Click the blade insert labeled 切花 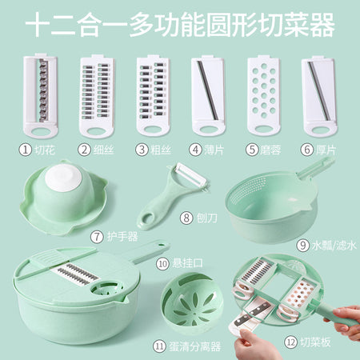(x=40, y=95)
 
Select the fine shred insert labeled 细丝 (x=96, y=95)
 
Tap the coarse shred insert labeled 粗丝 (x=153, y=95)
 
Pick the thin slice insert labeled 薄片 (x=208, y=95)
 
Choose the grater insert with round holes (x=264, y=95)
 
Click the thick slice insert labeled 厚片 (x=319, y=96)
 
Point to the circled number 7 (x=97, y=237)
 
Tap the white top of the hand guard (x=63, y=178)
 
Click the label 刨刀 (x=206, y=218)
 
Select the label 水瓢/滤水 (x=334, y=245)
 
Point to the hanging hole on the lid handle (x=161, y=245)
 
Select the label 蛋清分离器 (x=194, y=346)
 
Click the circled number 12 (x=291, y=342)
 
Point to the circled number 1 (x=26, y=150)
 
